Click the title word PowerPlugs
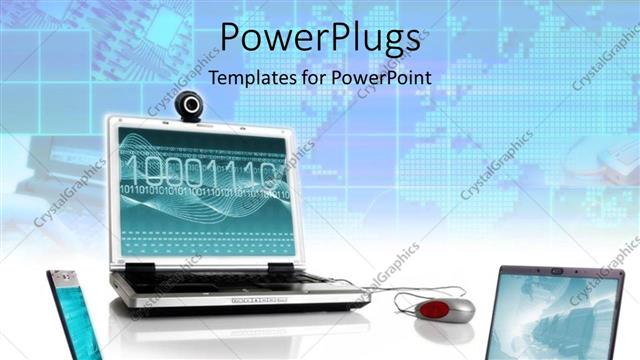[320, 38]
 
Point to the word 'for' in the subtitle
[315, 77]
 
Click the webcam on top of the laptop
[190, 106]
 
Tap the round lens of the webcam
[190, 103]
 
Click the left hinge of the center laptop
[141, 269]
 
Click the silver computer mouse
[444, 308]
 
